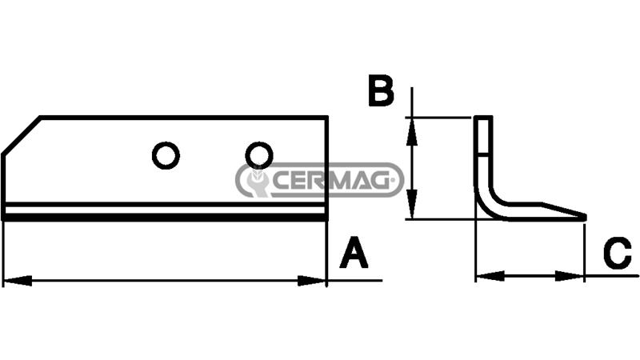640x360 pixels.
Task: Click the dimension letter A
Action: pos(354,253)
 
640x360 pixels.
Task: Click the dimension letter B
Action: pos(382,90)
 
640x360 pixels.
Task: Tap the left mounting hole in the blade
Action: pos(166,155)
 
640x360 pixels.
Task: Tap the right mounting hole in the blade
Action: pos(259,155)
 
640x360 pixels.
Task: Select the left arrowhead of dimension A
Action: pos(17,281)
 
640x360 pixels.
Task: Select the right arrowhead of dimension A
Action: pos(312,281)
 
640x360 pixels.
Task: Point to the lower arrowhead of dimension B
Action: pos(412,205)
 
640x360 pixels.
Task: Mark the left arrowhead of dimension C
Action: pos(490,276)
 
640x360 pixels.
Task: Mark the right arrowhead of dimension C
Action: pos(570,276)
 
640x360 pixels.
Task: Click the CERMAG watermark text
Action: pos(330,180)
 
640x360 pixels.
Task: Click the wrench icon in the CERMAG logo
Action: pos(256,181)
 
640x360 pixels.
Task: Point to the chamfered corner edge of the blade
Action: pos(22,136)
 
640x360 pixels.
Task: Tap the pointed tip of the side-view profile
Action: pos(585,217)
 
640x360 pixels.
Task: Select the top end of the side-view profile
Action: pos(483,118)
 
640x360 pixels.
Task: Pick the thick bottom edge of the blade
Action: pos(165,218)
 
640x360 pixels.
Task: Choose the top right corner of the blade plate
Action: pos(326,118)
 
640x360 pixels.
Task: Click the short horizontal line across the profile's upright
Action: pos(484,154)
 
